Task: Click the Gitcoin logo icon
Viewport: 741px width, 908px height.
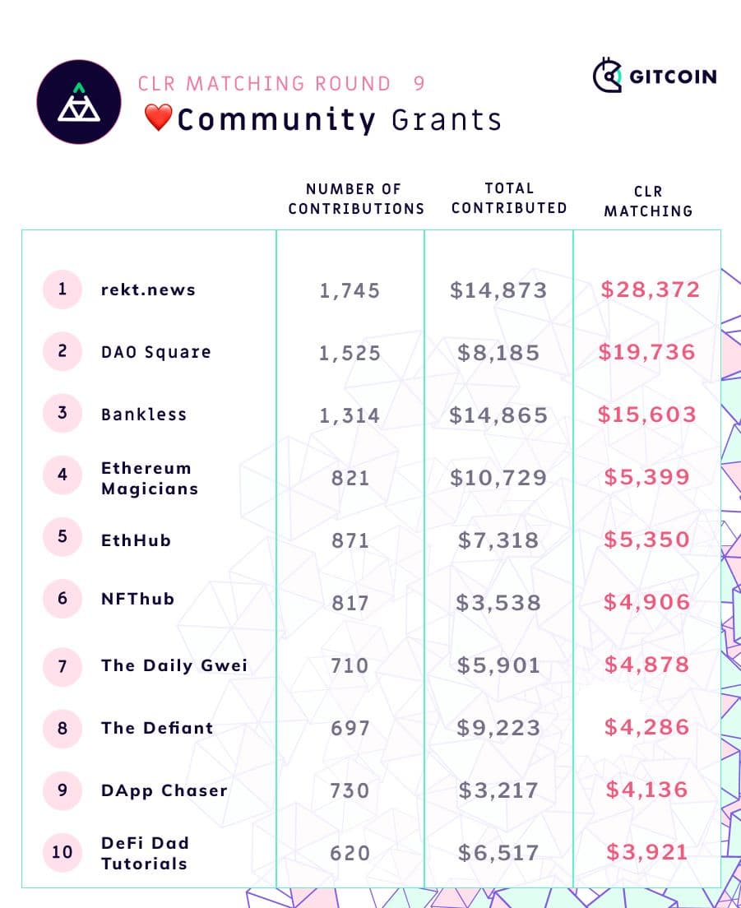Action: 607,76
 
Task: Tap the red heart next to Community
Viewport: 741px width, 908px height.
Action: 157,118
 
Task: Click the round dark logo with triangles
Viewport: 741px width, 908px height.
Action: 79,102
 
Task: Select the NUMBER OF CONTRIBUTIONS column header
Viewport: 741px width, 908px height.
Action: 355,199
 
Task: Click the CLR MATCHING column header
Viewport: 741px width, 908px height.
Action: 648,201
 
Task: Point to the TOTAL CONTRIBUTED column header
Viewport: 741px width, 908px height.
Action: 509,198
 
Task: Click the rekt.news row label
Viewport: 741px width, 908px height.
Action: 148,290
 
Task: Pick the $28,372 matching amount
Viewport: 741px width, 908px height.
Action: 650,290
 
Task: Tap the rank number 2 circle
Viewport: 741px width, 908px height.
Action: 63,351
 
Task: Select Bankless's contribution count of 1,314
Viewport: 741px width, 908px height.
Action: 350,415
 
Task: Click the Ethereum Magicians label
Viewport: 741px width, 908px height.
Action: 149,478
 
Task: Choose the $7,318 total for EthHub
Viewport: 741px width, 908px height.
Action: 498,540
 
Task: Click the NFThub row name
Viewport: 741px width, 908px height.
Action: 137,599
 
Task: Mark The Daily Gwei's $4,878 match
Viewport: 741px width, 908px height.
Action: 647,665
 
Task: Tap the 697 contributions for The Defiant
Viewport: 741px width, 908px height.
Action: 350,728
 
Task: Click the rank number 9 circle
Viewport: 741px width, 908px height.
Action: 63,790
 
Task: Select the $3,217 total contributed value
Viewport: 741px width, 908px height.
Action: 498,790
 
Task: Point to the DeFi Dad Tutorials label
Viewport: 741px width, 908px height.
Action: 145,853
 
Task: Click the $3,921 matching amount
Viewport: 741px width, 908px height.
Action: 646,852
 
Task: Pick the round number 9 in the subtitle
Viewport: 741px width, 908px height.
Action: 419,84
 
